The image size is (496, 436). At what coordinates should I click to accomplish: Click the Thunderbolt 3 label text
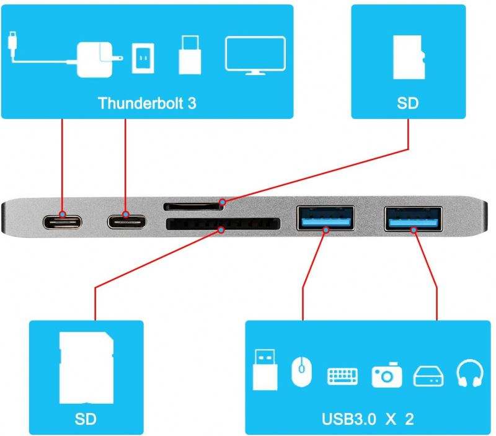point(147,102)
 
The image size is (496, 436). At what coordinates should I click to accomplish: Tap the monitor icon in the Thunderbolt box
point(255,56)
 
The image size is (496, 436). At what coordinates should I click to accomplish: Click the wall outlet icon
point(143,58)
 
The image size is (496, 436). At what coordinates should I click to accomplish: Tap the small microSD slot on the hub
point(192,205)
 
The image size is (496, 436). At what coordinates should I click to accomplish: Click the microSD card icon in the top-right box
point(409,57)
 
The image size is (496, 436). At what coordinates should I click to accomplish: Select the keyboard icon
point(342,375)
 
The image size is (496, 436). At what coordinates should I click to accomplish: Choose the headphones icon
point(469,374)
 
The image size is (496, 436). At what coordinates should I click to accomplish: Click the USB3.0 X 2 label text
point(367,418)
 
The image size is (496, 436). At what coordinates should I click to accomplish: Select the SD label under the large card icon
point(86,418)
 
